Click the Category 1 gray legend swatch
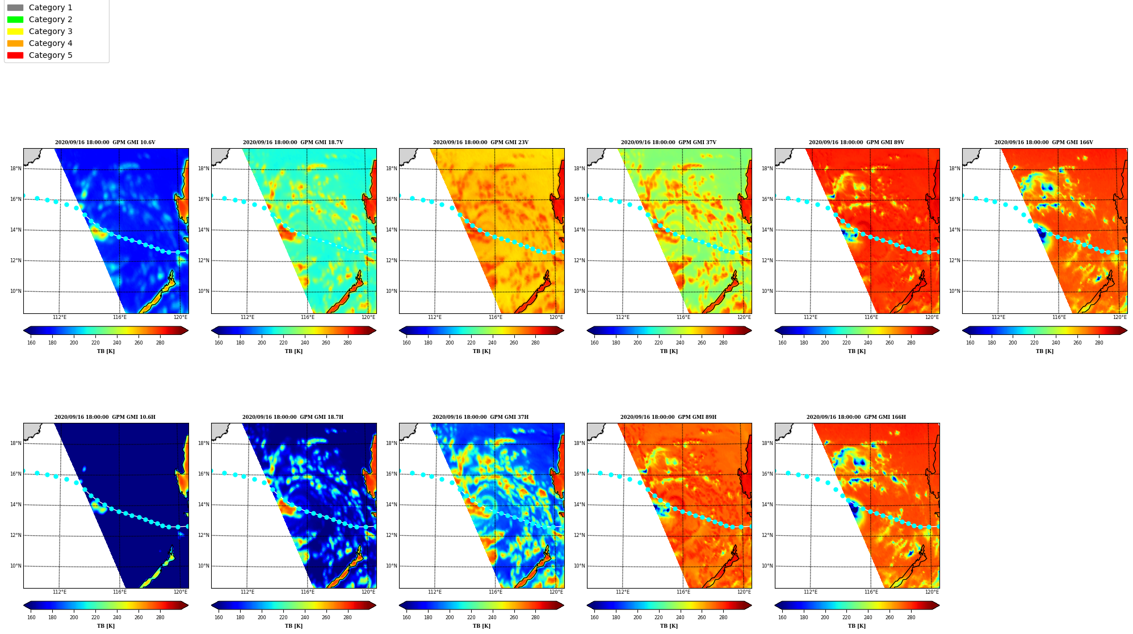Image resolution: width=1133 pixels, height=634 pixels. [15, 8]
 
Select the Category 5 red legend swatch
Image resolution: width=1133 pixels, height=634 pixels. [15, 56]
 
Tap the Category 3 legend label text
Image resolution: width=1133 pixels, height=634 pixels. [51, 32]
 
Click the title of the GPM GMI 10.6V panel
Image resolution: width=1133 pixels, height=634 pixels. [105, 142]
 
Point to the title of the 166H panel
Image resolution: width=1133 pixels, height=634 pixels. [856, 417]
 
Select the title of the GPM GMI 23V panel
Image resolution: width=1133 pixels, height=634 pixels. [481, 142]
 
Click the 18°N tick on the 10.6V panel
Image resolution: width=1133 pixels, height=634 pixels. [16, 169]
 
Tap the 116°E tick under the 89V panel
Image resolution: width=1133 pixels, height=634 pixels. [871, 317]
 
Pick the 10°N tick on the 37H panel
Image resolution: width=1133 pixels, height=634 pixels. [392, 566]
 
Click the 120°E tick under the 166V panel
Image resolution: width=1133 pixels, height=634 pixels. [1119, 317]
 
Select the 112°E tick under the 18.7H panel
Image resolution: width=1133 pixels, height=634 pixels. [247, 592]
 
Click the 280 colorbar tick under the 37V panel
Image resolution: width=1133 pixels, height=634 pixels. [723, 343]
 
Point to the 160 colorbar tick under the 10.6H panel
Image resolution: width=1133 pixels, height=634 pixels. [31, 618]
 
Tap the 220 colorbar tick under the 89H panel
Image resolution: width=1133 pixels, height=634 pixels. [658, 618]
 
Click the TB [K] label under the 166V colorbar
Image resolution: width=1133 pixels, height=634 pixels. [1044, 351]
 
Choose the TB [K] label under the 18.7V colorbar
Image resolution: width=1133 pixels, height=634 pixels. [293, 351]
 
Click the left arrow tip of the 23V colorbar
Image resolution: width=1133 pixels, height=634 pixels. [400, 330]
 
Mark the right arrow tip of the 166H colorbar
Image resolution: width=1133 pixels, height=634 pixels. [939, 605]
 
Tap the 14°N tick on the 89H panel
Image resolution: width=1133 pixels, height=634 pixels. [580, 505]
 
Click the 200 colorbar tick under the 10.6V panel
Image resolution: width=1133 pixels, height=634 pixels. [74, 343]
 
